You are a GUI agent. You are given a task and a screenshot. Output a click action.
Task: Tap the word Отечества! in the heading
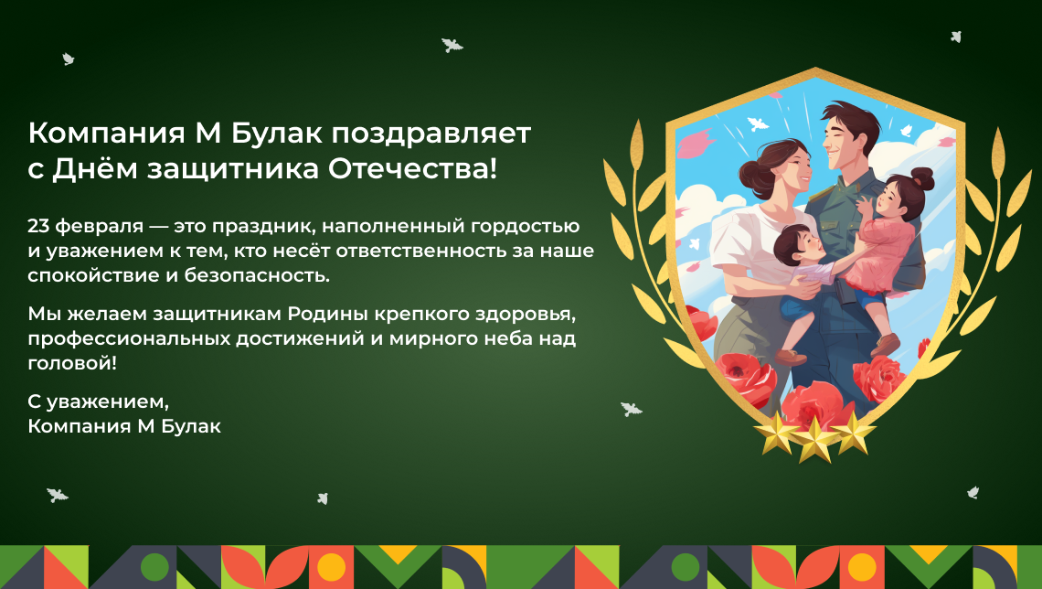point(412,169)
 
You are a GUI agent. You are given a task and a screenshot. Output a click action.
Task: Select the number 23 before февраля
point(38,226)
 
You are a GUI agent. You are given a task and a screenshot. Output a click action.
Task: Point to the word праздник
point(275,227)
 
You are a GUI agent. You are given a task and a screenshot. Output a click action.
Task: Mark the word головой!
point(72,364)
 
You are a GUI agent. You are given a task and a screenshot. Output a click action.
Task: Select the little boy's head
point(794,244)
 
